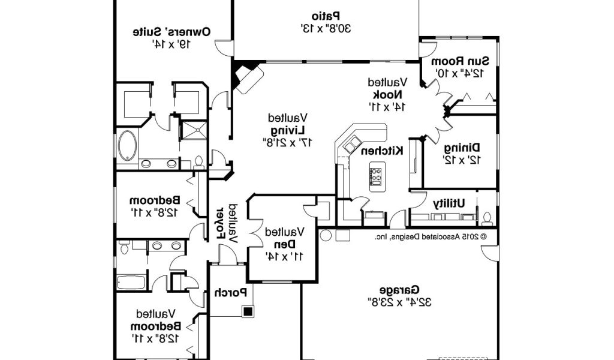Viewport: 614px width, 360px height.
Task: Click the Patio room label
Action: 326,16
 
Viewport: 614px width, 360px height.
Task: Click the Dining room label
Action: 461,148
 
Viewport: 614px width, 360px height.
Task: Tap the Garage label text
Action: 399,288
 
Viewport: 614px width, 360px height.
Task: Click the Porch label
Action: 231,293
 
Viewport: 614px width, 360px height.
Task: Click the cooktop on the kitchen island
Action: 377,174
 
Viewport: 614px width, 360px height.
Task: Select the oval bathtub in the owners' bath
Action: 127,146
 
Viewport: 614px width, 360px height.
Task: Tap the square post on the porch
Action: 247,311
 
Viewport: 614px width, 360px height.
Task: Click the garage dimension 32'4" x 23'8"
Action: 399,300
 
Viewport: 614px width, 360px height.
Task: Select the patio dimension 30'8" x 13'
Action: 326,28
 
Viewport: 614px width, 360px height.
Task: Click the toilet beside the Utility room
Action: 487,217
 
